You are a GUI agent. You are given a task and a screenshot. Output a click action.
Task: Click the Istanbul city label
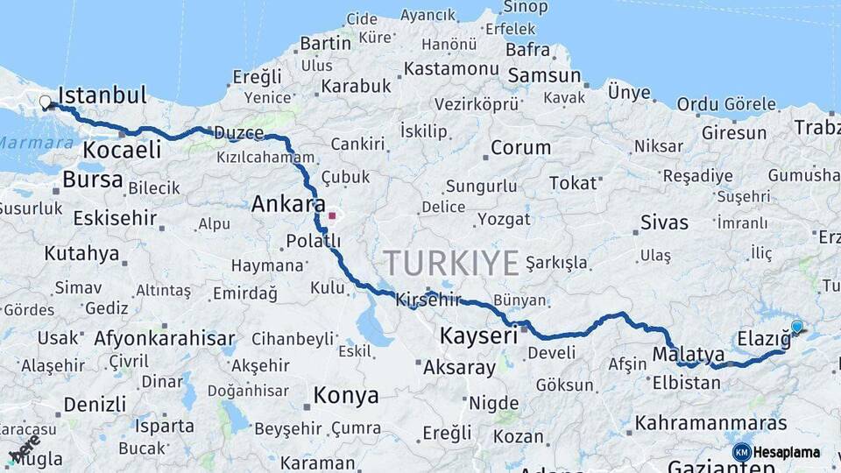[102, 95]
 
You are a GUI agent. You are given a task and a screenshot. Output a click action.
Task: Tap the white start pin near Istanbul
[45, 102]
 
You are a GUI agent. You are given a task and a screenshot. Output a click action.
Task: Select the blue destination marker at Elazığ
[796, 327]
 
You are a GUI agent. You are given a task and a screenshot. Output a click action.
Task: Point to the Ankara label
[283, 204]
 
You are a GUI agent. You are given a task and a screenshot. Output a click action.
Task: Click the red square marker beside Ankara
[332, 215]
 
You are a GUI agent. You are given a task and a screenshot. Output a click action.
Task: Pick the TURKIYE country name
[451, 262]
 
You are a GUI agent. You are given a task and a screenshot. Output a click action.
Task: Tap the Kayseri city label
[478, 335]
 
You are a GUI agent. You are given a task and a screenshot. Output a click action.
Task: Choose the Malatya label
[689, 355]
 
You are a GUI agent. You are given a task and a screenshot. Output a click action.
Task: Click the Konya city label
[346, 395]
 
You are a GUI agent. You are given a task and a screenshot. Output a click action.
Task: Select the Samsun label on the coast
[544, 75]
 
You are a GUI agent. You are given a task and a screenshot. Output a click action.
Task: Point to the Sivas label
[664, 222]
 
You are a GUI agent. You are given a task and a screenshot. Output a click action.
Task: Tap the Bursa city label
[93, 180]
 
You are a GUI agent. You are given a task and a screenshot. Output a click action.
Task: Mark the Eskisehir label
[115, 218]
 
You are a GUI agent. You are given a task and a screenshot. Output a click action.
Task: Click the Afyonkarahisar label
[165, 338]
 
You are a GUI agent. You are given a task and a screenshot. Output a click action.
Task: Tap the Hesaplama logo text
[787, 453]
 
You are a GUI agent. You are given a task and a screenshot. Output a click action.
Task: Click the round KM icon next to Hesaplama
[741, 452]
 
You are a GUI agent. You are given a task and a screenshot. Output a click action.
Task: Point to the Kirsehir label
[428, 300]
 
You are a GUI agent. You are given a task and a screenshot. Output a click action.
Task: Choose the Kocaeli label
[122, 150]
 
